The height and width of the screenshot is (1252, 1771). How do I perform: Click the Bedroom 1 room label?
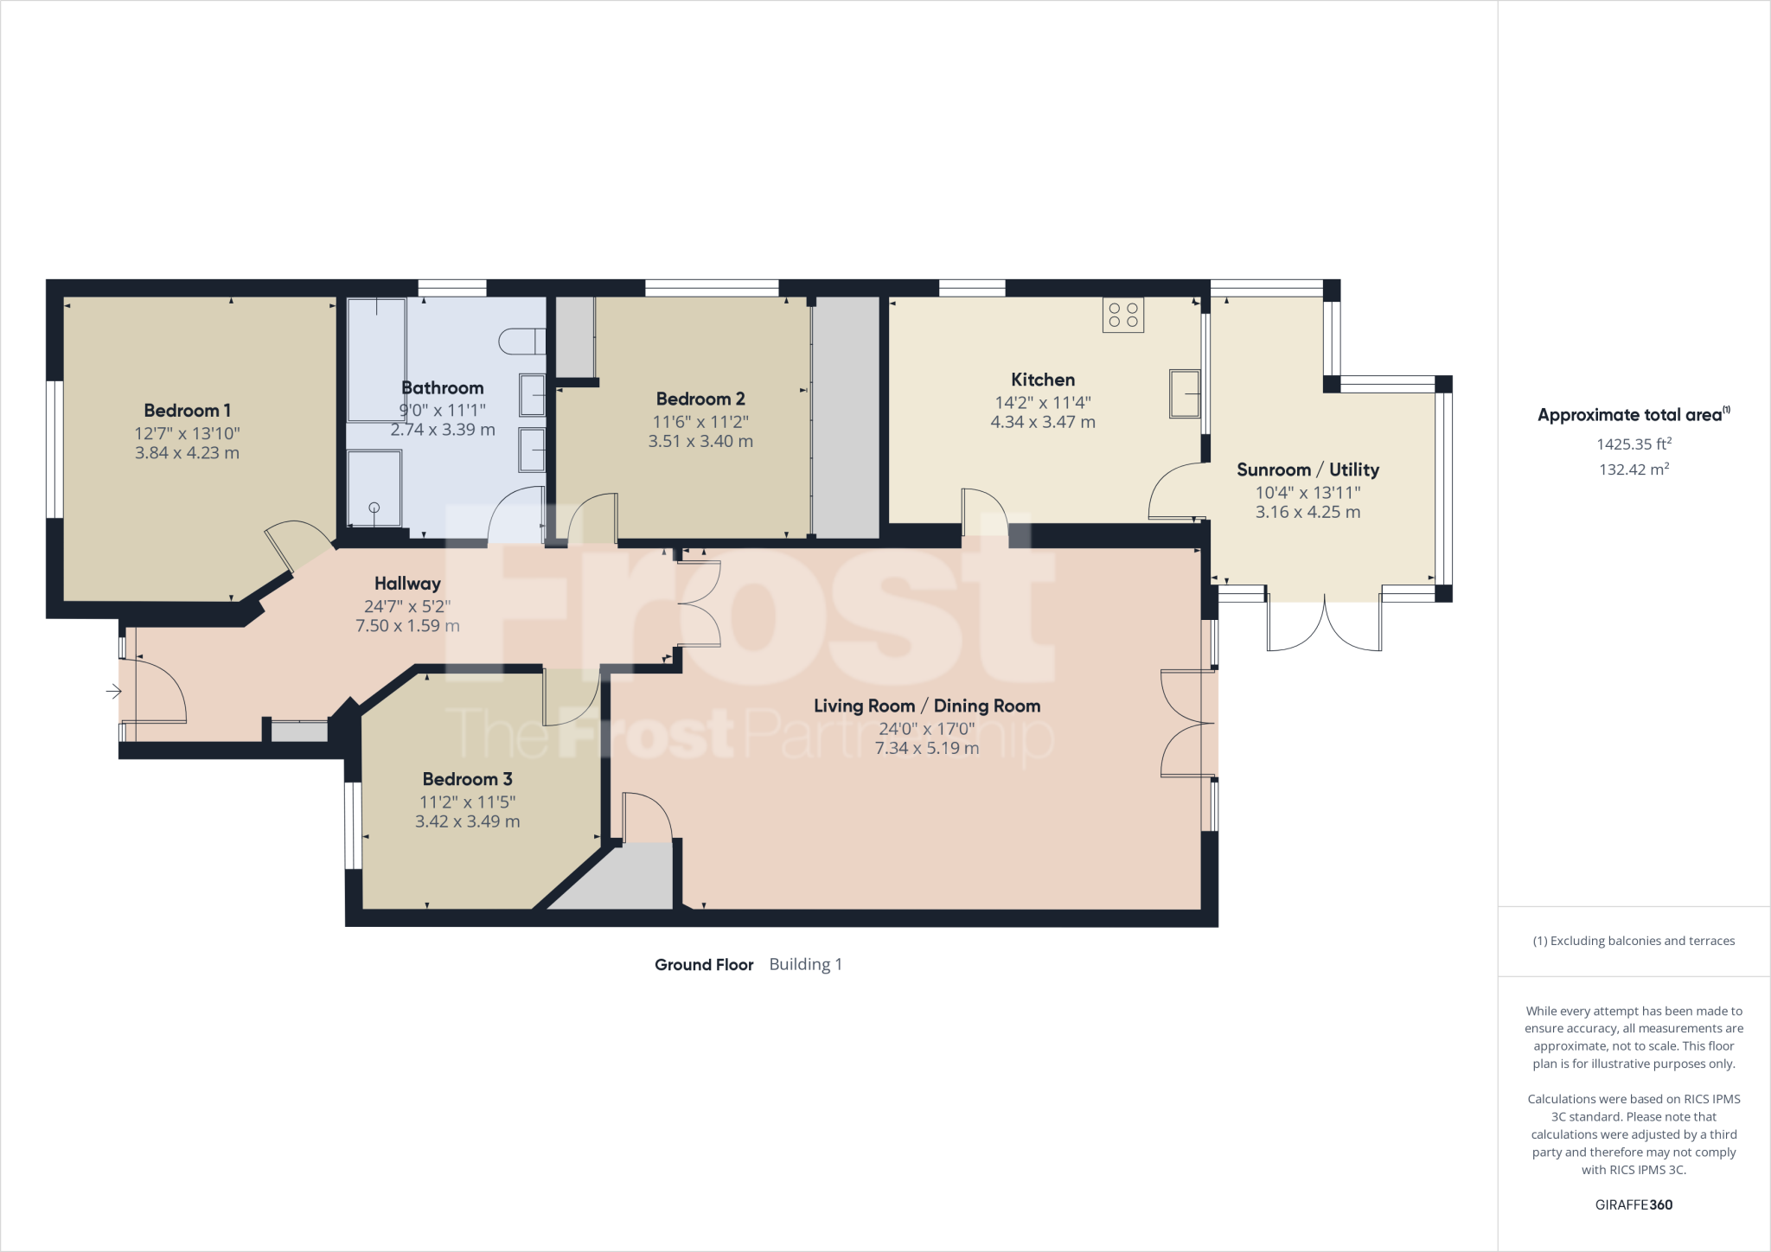coord(187,411)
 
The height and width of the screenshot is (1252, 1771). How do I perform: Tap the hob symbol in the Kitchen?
coord(1123,316)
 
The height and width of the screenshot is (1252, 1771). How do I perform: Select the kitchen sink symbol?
coord(1185,393)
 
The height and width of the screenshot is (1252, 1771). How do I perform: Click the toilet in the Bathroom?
coord(522,341)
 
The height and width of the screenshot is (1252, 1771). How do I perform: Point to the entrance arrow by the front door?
coord(113,691)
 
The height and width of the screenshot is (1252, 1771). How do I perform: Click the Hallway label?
coord(407,584)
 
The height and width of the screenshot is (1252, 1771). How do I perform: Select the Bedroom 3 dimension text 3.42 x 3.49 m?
coord(468,821)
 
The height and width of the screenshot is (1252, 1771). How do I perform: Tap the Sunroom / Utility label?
coord(1307,469)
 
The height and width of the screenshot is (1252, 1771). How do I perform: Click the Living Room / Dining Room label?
coord(927,706)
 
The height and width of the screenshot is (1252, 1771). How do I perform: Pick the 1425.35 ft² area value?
coord(1634,444)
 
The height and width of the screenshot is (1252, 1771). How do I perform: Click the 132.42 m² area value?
coord(1634,469)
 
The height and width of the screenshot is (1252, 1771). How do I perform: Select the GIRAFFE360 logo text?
coord(1634,1204)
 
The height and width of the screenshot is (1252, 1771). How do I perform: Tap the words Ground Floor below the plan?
coord(704,965)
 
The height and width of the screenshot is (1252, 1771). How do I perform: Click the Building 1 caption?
coord(806,964)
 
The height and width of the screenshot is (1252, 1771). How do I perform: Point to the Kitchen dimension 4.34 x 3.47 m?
coord(1043,422)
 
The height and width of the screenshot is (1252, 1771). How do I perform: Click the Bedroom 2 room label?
coord(700,399)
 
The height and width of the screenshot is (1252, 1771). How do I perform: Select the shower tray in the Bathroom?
coord(374,489)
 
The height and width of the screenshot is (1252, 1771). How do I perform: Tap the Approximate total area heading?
coord(1634,415)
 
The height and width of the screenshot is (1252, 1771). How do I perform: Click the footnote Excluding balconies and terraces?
coord(1634,941)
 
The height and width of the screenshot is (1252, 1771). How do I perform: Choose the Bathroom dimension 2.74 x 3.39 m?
coord(443,429)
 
